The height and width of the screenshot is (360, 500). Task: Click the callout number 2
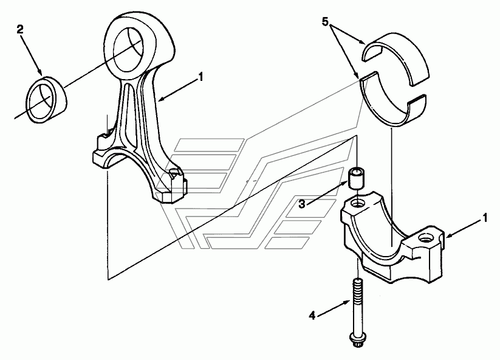point(20,30)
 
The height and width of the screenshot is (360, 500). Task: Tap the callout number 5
point(325,22)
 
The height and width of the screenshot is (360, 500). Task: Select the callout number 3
point(302,204)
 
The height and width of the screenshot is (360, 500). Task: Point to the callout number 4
point(312,316)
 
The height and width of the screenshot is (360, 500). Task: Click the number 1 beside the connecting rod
point(200,77)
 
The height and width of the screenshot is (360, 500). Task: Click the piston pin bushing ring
point(46,100)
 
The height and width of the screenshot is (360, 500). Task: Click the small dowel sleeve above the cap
point(356,178)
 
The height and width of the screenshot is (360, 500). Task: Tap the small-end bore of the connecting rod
point(128,49)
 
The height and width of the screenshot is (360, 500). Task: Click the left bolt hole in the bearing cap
point(357,202)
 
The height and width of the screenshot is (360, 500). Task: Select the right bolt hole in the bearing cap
point(426,238)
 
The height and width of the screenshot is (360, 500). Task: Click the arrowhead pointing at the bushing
point(41,72)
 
